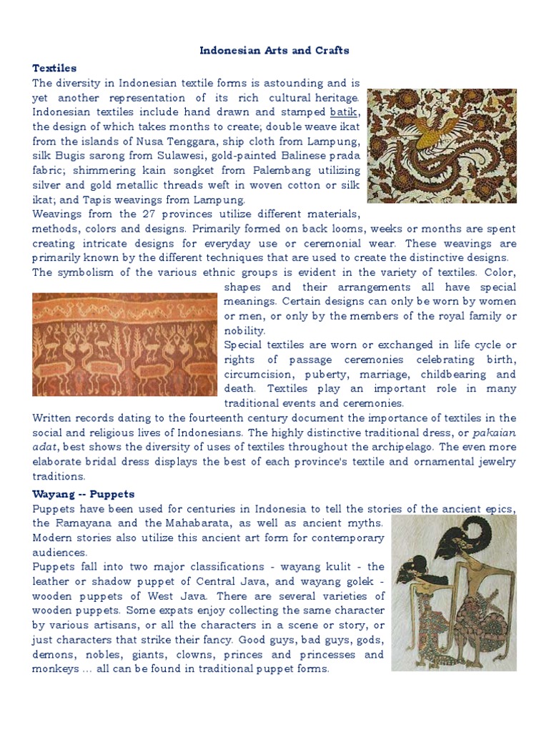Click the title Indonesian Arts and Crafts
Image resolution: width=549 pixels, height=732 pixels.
coord(274,51)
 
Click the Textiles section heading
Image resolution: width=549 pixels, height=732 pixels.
coord(54,68)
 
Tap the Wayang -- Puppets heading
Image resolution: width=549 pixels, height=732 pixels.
coord(84,494)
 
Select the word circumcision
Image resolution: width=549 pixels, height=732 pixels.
coord(256,375)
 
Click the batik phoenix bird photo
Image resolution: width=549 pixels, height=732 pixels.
coord(441,146)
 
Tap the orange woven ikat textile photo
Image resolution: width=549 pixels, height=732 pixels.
coord(125,345)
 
